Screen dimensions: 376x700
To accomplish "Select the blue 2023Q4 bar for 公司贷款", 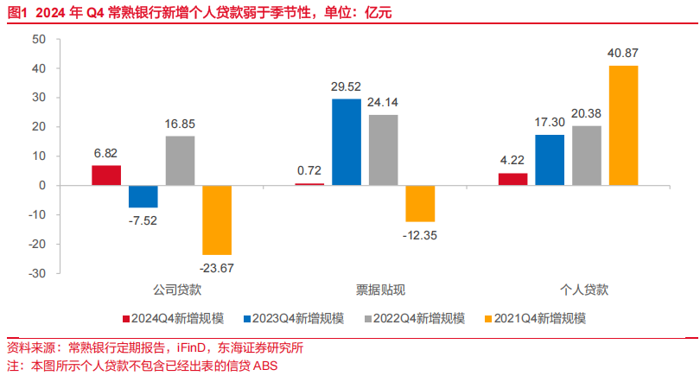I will click(x=143, y=196).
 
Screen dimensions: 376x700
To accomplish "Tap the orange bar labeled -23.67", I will click(x=217, y=220).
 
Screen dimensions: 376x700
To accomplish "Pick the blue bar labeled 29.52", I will click(x=347, y=142).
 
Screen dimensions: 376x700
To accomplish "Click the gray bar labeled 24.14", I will click(x=384, y=150).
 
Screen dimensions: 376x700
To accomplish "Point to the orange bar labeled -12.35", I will click(x=420, y=203).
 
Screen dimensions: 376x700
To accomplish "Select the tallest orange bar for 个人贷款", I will click(x=623, y=125).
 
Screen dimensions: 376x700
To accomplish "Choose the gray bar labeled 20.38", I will click(x=587, y=156).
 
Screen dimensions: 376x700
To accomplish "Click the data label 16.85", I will click(x=180, y=124).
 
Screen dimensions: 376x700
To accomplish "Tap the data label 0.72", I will click(x=309, y=171).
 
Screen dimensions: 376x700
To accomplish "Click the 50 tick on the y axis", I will click(x=39, y=40).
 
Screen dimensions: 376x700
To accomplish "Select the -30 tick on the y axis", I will click(x=37, y=273).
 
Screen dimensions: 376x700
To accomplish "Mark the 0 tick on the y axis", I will click(x=42, y=186).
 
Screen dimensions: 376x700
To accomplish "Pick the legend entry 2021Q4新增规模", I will click(x=543, y=318).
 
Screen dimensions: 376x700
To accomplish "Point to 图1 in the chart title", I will click(x=17, y=11).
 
